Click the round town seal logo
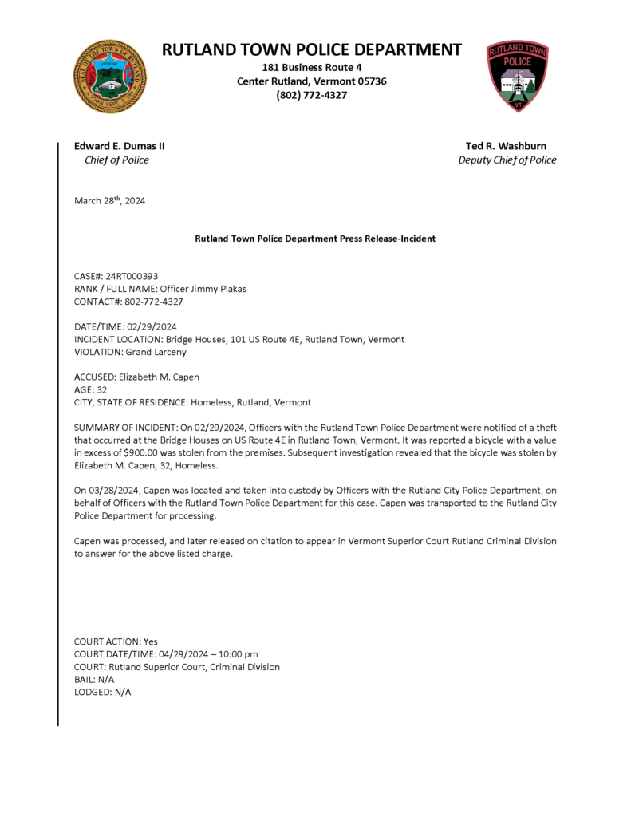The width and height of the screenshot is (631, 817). [109, 77]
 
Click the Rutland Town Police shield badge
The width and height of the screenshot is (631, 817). [518, 77]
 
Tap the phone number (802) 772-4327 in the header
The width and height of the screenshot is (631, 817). [312, 95]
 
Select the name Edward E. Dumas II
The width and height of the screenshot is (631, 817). [120, 146]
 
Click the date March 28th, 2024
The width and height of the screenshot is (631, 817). [110, 201]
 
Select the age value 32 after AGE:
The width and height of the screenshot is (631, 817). [101, 390]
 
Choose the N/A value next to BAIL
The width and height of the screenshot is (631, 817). [106, 680]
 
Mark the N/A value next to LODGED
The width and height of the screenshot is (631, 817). [121, 693]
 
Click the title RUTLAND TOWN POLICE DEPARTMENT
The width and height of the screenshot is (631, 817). [312, 49]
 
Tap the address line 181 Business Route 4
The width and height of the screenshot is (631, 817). [312, 68]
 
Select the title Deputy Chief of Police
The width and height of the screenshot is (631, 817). [507, 160]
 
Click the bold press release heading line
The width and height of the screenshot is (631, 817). [315, 239]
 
